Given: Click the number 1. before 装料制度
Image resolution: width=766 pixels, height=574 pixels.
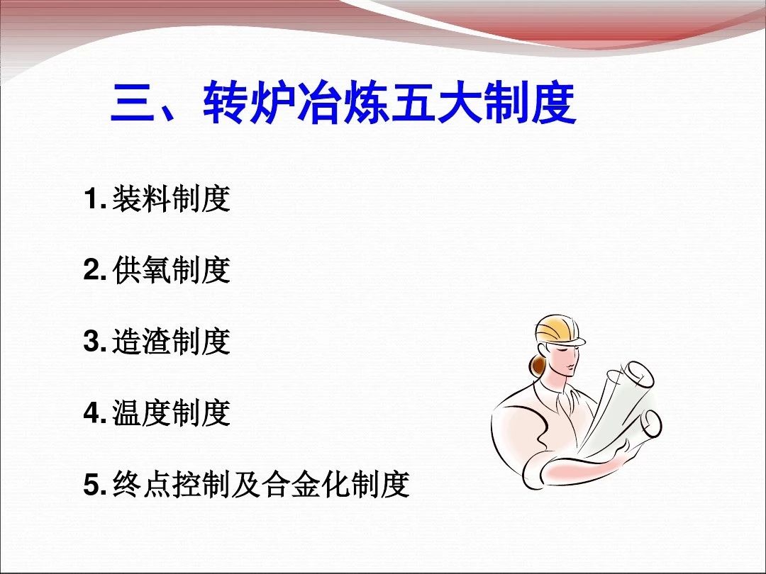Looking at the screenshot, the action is pos(95,198).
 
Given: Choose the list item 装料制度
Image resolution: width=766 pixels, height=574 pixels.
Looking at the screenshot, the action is pos(171,198).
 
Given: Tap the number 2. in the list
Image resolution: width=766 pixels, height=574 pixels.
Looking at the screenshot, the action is pos(95,270).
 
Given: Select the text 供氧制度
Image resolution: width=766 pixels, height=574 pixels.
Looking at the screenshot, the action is pos(171,270).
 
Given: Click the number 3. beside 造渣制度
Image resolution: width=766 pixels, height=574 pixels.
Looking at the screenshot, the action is pos(95,341).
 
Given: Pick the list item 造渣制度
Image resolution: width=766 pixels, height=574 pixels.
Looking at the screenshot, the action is pos(171,341).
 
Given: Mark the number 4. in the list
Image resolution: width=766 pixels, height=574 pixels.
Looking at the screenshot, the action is pos(95,413).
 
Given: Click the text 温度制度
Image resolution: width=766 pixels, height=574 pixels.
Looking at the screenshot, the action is pos(171,413).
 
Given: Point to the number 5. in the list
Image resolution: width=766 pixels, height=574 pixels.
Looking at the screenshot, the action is pos(95,484).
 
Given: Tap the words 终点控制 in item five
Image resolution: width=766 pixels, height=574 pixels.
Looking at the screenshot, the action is pos(171,484).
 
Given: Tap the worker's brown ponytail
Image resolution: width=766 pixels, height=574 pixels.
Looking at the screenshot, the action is pos(538,364).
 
